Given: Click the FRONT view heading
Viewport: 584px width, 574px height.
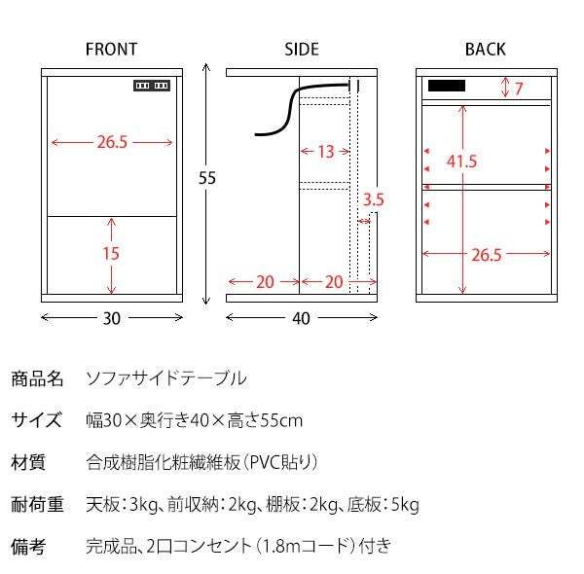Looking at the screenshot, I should [111, 49].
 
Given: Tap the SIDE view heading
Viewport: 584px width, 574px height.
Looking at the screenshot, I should [301, 49].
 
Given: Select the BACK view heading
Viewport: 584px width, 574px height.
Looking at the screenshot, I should [485, 49].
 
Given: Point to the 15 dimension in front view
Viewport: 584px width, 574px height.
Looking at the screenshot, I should [111, 253].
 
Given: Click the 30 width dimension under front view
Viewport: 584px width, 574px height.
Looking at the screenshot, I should [112, 318].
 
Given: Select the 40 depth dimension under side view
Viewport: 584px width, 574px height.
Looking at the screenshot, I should [300, 318].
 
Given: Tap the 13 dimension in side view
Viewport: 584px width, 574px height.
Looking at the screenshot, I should [325, 151].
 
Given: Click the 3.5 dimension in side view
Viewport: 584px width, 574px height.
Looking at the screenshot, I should [373, 200].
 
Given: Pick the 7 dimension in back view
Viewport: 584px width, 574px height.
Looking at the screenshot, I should [519, 90].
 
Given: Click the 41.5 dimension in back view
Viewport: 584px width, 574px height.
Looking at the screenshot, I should [461, 161].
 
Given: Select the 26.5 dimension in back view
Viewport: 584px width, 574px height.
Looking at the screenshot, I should [486, 254].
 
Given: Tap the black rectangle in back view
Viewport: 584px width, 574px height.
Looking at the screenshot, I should [445, 87].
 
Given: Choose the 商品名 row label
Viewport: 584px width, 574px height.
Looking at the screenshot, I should [37, 377].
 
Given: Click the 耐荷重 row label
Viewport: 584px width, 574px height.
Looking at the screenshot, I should [37, 504].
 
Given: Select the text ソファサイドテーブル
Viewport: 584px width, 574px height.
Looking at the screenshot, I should [166, 377].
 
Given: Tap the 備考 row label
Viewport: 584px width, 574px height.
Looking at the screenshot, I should [28, 547].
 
